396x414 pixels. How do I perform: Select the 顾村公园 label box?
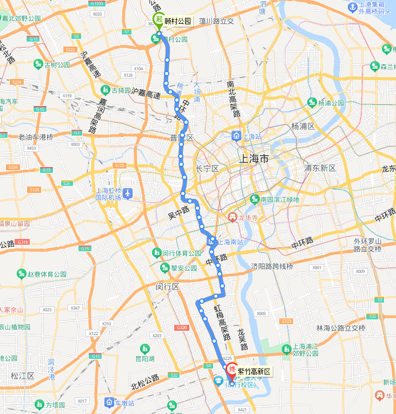[x=178, y=21]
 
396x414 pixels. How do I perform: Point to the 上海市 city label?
[x=254, y=159]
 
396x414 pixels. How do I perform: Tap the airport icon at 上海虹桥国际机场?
[x=128, y=192]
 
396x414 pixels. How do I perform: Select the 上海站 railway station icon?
[x=236, y=136]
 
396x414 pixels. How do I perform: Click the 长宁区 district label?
[x=207, y=169]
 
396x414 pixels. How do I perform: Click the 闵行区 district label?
[x=167, y=286]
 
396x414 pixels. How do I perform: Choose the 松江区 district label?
[x=23, y=375]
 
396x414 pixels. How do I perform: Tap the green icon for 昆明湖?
[x=144, y=349]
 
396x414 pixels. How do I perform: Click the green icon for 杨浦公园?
[x=312, y=102]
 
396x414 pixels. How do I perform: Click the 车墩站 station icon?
[x=110, y=403]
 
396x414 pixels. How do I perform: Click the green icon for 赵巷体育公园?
[x=22, y=274]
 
